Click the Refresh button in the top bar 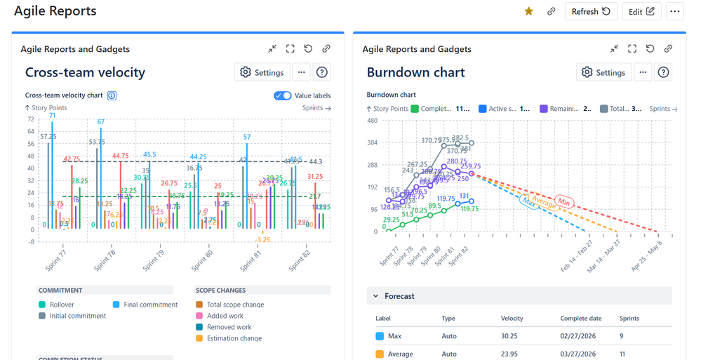[590, 11]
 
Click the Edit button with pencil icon [641, 11]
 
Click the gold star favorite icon [529, 11]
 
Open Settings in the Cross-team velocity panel [262, 72]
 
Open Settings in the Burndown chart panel [603, 72]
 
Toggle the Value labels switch [283, 95]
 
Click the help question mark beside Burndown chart [663, 72]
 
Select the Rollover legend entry [62, 305]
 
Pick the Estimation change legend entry [234, 338]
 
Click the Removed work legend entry [229, 327]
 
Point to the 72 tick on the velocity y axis [30, 120]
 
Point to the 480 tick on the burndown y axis [372, 120]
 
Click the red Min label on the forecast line [563, 201]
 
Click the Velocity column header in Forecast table [512, 319]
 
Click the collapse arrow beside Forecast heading [375, 296]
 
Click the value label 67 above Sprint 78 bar [101, 122]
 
